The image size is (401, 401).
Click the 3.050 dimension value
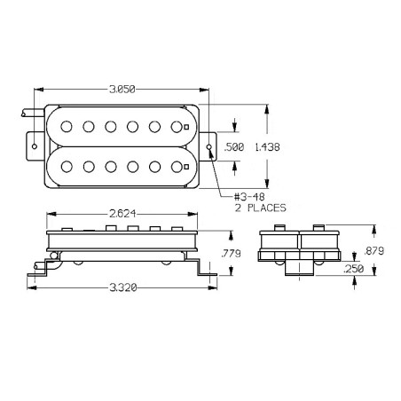(122, 90)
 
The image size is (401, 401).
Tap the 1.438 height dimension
(267, 147)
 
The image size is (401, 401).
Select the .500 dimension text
(234, 147)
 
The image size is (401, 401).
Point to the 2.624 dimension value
(122, 214)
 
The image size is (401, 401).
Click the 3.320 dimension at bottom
(123, 287)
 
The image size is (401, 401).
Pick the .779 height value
(231, 254)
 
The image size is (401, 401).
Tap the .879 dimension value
(373, 251)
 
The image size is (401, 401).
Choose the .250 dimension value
(354, 269)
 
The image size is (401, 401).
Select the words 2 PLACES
(261, 208)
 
